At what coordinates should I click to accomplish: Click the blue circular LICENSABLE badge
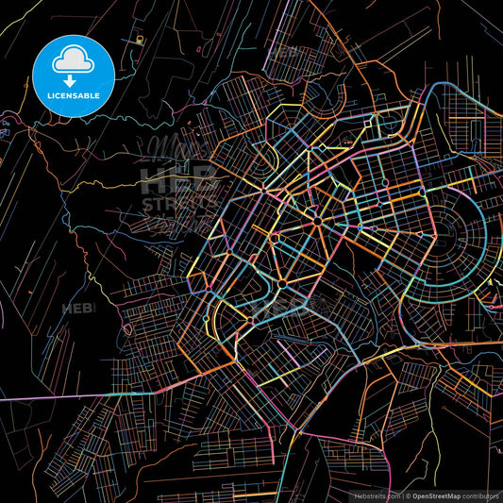[x=74, y=76]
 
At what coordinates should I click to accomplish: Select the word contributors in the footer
[x=477, y=494]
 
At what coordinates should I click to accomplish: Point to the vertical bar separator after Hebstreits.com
[x=399, y=494]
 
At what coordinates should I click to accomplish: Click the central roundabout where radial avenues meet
[x=319, y=220]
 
